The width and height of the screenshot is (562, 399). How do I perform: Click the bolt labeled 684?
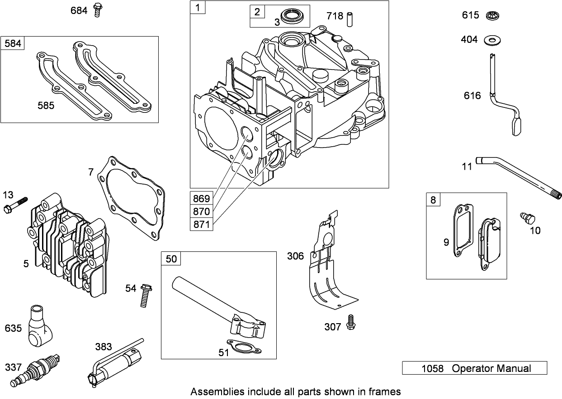[x=96, y=9]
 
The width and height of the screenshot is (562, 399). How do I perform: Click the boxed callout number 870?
[x=201, y=211]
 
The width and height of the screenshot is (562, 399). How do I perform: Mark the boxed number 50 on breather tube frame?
[x=171, y=259]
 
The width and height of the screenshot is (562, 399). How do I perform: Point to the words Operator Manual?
[x=491, y=368]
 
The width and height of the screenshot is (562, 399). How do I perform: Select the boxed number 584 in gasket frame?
[x=13, y=43]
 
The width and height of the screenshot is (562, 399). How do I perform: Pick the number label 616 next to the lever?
[x=472, y=96]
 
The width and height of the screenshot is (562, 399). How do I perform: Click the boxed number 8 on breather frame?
[x=433, y=199]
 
